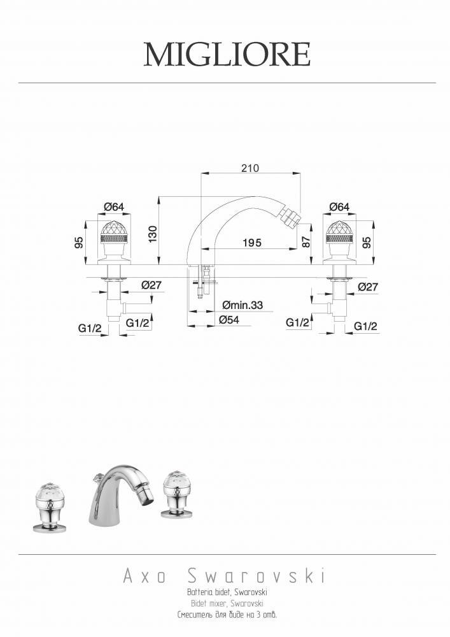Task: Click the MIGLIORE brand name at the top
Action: click(x=227, y=54)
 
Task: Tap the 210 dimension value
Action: click(x=250, y=168)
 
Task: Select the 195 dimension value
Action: click(x=252, y=243)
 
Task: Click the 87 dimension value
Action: click(x=306, y=241)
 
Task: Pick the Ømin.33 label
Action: click(x=243, y=304)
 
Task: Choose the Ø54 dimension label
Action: click(x=229, y=320)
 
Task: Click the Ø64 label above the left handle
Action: click(x=114, y=207)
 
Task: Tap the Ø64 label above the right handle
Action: click(x=339, y=207)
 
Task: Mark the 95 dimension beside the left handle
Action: click(x=79, y=242)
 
